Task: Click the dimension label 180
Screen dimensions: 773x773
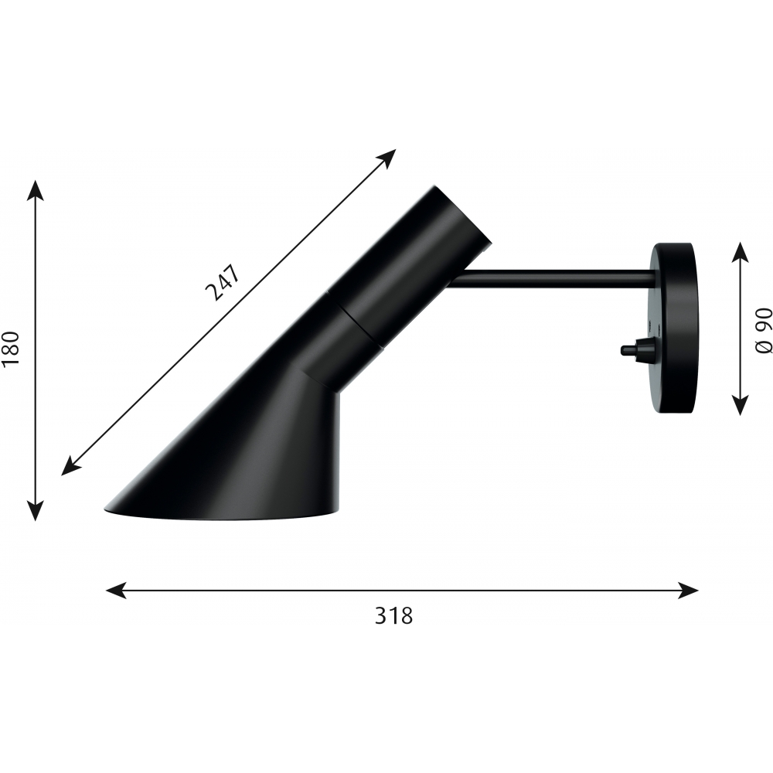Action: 10,348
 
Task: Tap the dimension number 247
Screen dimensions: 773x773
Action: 224,282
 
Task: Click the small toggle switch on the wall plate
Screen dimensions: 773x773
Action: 635,349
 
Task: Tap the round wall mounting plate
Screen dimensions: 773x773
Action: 673,328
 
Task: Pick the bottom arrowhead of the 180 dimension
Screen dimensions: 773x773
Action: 35,509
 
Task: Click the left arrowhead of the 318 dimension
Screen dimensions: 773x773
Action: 117,590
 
